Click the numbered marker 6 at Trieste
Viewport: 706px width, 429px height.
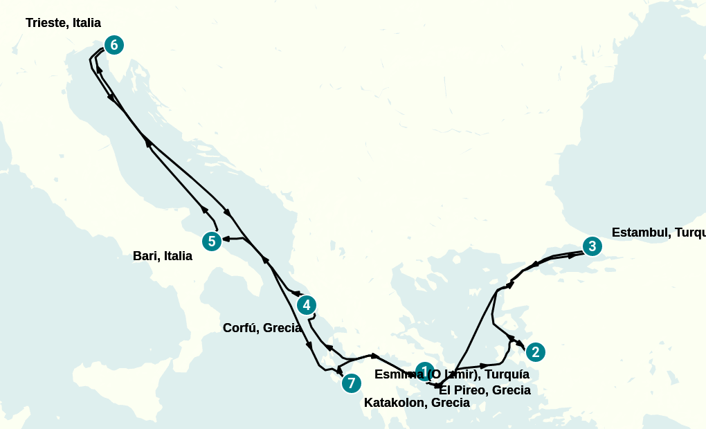pos(114,46)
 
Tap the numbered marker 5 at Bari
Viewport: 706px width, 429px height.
pos(212,241)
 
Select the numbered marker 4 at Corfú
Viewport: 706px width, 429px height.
pos(306,305)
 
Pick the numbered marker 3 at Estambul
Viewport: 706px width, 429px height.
pos(591,246)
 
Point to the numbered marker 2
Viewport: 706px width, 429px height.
pos(535,352)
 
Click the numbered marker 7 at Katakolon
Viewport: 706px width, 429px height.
pos(352,383)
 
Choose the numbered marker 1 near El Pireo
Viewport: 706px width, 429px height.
pos(424,372)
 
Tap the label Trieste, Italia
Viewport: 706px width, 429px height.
pos(63,24)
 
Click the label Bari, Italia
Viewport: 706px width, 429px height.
pos(163,257)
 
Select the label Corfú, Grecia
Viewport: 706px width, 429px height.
pos(262,328)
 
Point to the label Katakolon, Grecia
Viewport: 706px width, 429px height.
pos(417,403)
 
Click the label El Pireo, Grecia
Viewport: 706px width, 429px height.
pos(485,390)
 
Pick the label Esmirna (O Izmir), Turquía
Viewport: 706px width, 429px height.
pos(452,374)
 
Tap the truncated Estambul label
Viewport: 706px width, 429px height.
pos(658,232)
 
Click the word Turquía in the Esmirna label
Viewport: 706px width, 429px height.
pos(507,374)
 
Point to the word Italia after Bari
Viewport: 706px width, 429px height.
pos(178,257)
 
